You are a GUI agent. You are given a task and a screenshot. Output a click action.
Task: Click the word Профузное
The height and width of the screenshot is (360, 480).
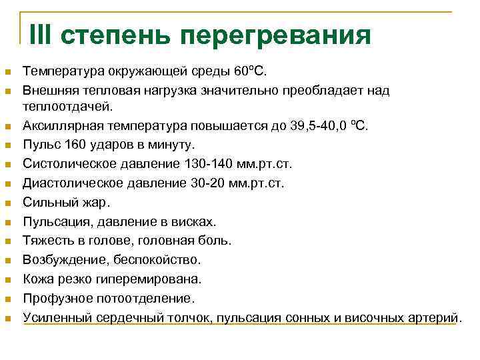coord(56,297)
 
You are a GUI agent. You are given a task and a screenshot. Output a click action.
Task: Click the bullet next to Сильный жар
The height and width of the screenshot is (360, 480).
coord(8,202)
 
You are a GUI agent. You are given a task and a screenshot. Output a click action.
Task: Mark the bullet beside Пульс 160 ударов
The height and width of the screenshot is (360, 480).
coord(8,145)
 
